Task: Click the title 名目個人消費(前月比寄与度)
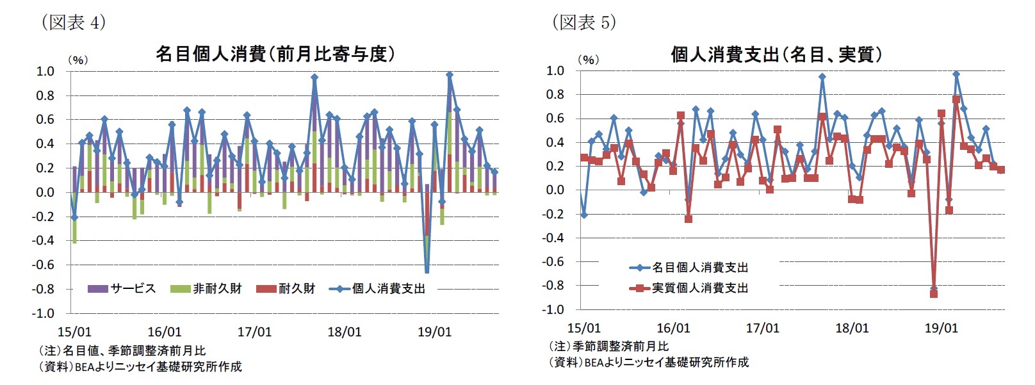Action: point(275,54)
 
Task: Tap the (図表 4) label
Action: point(73,23)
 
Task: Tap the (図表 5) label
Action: point(583,23)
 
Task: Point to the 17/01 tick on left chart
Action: point(254,332)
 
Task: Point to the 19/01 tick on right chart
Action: point(941,329)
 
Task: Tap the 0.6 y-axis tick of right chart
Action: point(555,119)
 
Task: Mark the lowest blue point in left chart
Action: point(427,270)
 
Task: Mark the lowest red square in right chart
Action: point(934,293)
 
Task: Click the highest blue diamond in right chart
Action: point(956,74)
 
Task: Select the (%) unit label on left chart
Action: point(77,60)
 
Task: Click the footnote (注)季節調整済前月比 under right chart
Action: point(608,347)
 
